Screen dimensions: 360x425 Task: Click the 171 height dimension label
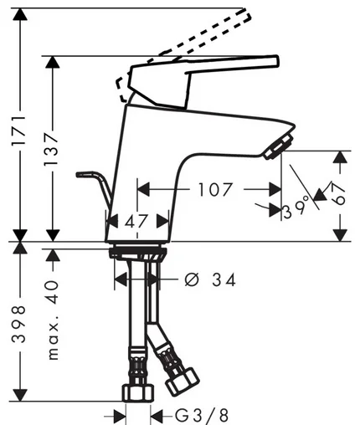point(19,131)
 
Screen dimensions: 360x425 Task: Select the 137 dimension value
point(52,150)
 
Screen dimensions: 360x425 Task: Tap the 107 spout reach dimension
point(215,190)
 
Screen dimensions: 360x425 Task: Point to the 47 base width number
point(136,222)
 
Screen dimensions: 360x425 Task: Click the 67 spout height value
point(339,194)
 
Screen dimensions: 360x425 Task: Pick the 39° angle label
point(296,209)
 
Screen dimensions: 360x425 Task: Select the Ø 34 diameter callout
point(210,279)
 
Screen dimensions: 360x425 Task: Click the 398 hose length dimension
point(19,324)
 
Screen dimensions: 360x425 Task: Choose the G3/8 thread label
point(202,416)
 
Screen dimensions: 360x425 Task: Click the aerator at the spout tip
point(279,146)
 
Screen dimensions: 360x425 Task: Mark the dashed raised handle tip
point(245,15)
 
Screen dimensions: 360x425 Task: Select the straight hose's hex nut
point(138,393)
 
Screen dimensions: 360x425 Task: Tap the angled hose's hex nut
point(183,381)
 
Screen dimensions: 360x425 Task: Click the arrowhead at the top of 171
point(19,14)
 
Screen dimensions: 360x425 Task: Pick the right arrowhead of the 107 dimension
point(275,190)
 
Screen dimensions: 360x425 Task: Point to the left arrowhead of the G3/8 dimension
point(120,417)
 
